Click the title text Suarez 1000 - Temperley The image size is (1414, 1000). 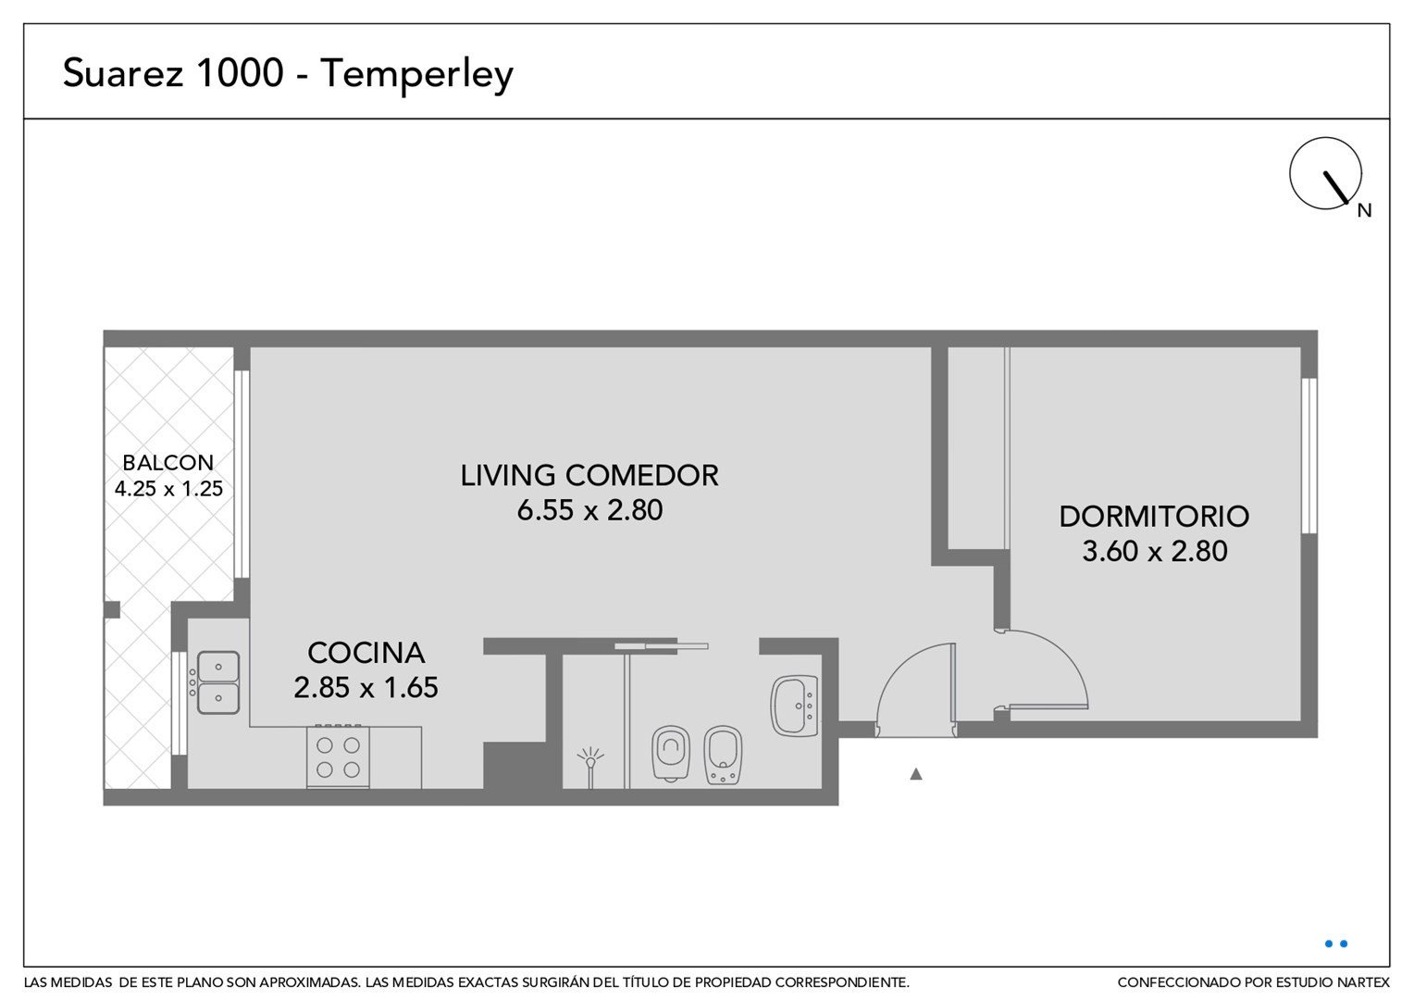point(288,74)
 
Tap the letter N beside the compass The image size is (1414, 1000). point(1364,211)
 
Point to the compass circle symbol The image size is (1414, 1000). point(1325,173)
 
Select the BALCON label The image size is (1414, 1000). point(167,462)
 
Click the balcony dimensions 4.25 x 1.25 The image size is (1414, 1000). point(168,488)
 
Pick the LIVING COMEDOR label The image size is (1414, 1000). point(589,476)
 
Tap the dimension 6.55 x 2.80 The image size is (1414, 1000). point(589,510)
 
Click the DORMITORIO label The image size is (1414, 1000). point(1154,517)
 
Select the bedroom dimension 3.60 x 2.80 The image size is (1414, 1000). point(1155,551)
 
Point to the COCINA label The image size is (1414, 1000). point(366,653)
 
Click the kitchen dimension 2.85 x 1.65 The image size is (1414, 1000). point(366,687)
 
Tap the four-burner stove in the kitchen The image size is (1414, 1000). point(338,756)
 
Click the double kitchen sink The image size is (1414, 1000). point(218,683)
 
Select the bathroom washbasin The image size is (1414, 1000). point(794,706)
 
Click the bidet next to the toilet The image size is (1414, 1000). point(723,755)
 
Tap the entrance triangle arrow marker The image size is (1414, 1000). point(916,774)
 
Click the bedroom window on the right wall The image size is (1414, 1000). point(1309,456)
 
